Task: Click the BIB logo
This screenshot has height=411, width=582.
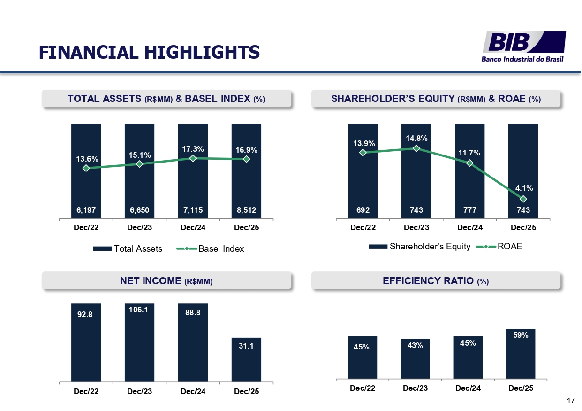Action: [x=524, y=46]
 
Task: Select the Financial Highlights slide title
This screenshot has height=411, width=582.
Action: [x=149, y=52]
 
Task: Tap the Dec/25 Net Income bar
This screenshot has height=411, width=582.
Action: [x=246, y=359]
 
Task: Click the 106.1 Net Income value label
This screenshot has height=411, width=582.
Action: [x=139, y=310]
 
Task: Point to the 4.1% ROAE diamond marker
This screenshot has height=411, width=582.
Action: [x=523, y=199]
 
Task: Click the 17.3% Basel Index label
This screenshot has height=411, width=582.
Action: [x=193, y=149]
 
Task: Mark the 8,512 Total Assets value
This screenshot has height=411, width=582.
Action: [x=246, y=210]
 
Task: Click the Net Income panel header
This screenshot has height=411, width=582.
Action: [x=166, y=281]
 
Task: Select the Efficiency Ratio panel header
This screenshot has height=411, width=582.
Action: [x=436, y=281]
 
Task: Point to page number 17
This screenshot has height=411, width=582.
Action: [x=571, y=401]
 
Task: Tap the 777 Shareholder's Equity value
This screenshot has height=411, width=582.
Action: [x=469, y=210]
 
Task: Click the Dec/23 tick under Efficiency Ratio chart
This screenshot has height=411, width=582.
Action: [x=416, y=388]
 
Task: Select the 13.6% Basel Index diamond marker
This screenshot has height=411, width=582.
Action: [x=86, y=168]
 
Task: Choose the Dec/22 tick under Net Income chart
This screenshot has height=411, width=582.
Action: [x=86, y=391]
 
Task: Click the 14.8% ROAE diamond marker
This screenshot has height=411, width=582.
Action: [x=416, y=148]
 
